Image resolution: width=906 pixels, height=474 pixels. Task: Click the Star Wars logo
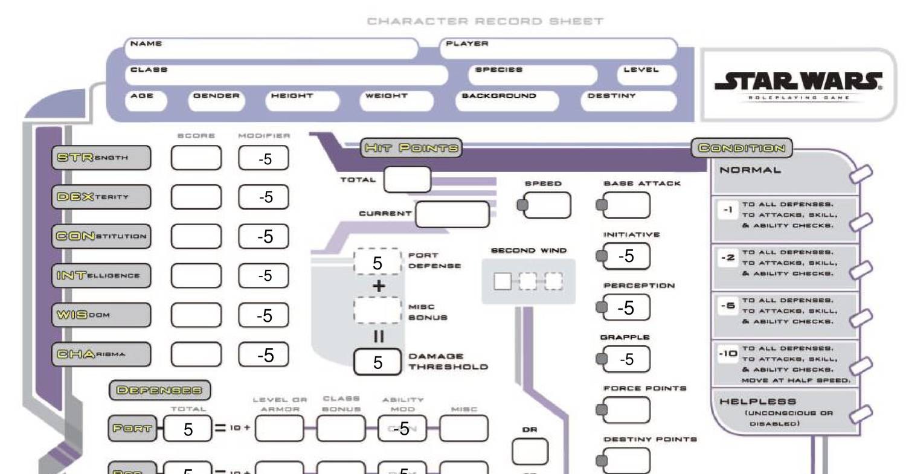(x=798, y=83)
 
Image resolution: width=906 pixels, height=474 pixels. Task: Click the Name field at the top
(x=272, y=48)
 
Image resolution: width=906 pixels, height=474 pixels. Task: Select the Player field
(x=559, y=48)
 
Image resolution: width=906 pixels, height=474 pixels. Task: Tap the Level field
(x=646, y=75)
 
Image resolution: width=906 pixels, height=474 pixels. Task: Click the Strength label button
(x=101, y=158)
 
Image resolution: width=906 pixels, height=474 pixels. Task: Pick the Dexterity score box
(x=196, y=197)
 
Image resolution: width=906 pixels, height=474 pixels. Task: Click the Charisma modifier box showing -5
(x=263, y=355)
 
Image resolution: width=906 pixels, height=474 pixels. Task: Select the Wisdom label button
(x=101, y=315)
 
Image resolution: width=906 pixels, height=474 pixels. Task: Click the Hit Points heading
(x=411, y=148)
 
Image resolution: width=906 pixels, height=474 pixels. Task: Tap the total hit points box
(x=407, y=179)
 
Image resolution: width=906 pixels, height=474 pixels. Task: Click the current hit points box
(x=452, y=214)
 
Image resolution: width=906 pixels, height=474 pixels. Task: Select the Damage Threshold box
(x=377, y=362)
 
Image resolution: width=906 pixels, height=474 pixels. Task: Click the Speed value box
(x=546, y=205)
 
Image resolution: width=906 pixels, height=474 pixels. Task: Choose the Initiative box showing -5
(x=626, y=257)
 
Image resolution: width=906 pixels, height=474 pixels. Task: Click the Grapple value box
(x=626, y=360)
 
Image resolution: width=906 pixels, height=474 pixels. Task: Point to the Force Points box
(x=626, y=411)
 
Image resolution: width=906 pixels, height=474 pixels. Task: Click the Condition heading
(x=742, y=148)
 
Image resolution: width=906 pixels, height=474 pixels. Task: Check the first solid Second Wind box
(x=503, y=281)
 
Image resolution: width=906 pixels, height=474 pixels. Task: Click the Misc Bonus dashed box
(x=377, y=310)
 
